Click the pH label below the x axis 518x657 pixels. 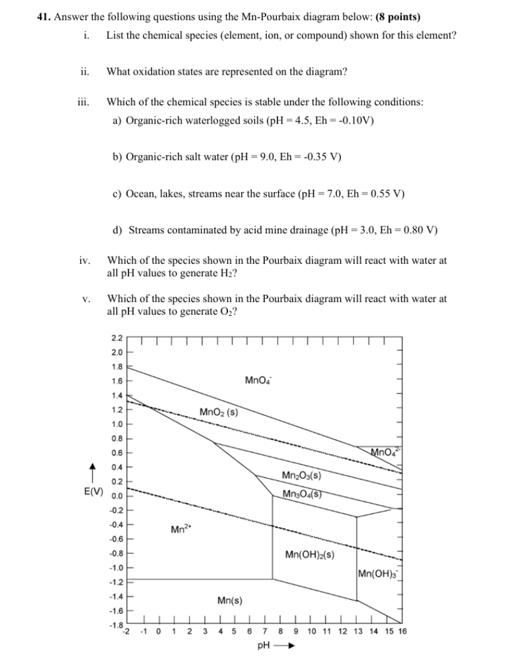(x=263, y=645)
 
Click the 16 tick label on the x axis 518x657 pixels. (x=401, y=631)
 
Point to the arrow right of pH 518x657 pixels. (x=286, y=645)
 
